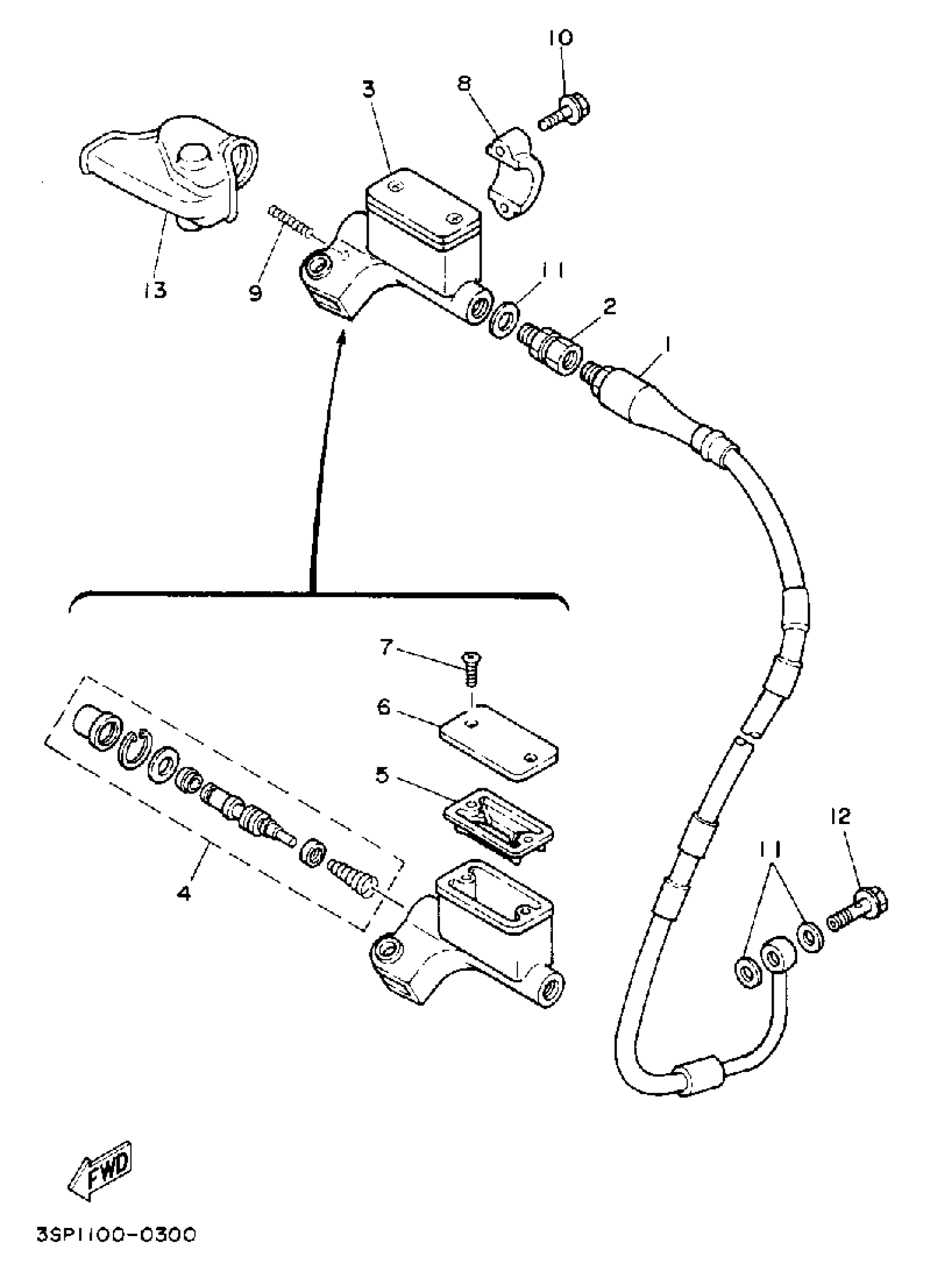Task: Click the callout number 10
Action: tap(561, 38)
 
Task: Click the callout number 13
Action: tap(154, 290)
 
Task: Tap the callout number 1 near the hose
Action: tap(667, 345)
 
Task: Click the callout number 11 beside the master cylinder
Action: tap(553, 271)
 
